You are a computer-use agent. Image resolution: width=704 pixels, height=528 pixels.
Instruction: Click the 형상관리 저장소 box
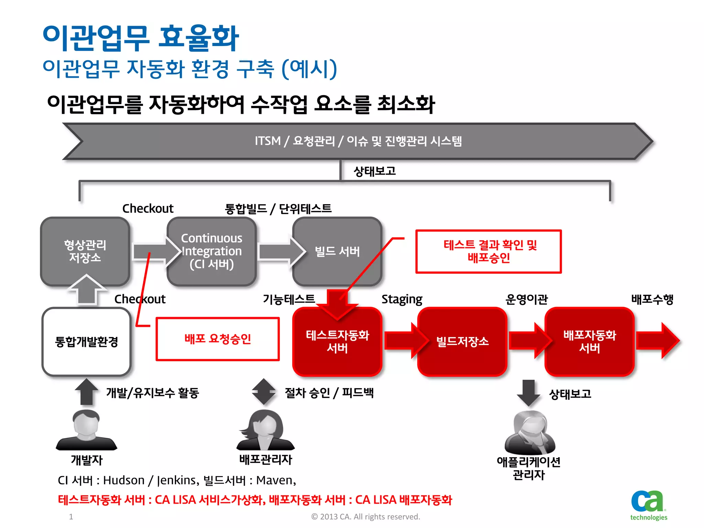point(85,251)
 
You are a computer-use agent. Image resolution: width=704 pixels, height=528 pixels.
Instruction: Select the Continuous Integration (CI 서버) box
point(212,251)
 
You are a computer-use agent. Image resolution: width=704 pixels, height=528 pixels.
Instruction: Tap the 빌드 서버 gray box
point(337,251)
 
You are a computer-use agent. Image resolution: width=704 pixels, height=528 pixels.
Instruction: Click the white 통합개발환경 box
point(86,341)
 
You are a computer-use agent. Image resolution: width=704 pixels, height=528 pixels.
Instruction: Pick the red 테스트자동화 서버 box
point(337,341)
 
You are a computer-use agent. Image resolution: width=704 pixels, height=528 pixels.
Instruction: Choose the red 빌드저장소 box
point(462,341)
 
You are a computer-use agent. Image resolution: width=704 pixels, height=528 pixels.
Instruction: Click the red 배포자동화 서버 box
point(590,341)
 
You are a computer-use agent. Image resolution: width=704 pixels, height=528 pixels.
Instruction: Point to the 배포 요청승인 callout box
point(218,339)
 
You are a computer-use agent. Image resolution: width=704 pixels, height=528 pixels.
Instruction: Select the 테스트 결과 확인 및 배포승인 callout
point(488,251)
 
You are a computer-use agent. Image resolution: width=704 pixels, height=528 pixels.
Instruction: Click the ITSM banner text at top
point(358,141)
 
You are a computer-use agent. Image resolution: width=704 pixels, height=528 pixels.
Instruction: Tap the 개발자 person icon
point(86,430)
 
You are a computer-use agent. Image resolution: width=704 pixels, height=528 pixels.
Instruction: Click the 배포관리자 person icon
point(265,430)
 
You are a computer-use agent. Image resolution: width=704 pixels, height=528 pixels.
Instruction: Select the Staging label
point(401,299)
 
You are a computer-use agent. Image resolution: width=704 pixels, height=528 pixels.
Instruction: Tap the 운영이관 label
point(526,299)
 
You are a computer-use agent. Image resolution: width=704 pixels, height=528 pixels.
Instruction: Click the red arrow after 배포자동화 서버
point(658,341)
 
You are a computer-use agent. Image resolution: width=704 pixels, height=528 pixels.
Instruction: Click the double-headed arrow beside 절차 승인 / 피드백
point(263,392)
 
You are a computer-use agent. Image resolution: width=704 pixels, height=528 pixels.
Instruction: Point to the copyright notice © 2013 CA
point(365,517)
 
